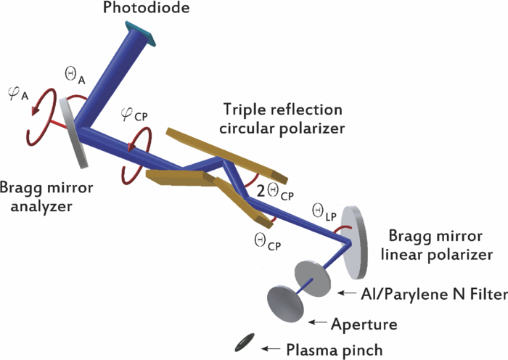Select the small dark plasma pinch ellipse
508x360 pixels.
coord(245,342)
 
